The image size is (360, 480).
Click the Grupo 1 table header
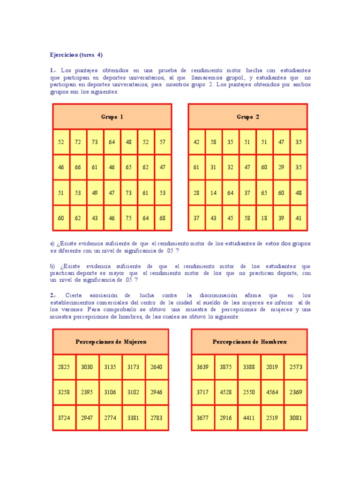point(112,117)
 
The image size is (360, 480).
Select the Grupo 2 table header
point(247,117)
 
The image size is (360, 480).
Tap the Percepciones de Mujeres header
point(111,342)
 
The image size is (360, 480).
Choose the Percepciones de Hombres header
point(249,342)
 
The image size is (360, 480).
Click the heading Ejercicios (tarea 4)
point(76,55)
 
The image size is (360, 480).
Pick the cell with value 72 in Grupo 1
point(78,142)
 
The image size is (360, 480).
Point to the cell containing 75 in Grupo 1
point(128,218)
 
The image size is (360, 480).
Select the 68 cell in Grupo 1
point(162,218)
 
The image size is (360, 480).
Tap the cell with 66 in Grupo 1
point(78,167)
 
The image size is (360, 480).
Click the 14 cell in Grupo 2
point(213,193)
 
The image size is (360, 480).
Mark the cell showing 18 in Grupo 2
point(264,218)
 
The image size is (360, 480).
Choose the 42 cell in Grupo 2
point(196,142)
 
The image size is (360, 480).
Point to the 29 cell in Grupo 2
point(281,167)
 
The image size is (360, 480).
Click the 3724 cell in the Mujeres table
point(64,418)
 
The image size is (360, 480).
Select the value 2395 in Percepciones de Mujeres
point(87,392)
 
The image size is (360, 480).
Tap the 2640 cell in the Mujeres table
point(156,367)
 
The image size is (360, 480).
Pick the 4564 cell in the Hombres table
point(272,392)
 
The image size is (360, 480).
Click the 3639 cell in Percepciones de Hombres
point(202,367)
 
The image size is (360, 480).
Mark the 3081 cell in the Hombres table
point(296,418)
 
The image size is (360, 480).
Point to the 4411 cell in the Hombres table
point(249,418)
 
